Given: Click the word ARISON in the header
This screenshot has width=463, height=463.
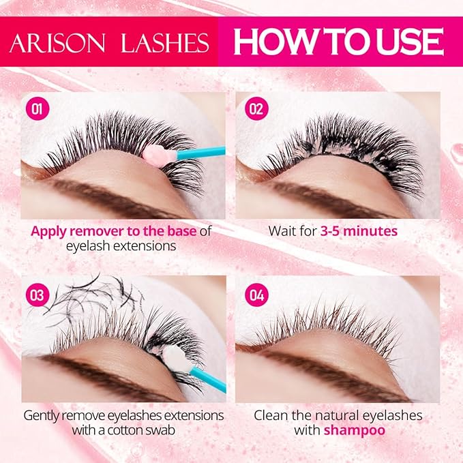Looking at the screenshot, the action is tap(57, 43).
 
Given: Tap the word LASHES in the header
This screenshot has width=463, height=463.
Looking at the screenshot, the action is tap(165, 43).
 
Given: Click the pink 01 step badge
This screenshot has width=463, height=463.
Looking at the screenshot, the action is tap(38, 109).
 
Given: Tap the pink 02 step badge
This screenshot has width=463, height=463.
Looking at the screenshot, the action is tap(256, 109).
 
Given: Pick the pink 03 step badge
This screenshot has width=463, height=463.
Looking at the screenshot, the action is tap(38, 295).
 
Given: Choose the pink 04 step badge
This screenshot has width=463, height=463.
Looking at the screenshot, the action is tap(256, 295).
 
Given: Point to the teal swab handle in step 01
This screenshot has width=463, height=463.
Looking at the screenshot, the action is tap(200, 153).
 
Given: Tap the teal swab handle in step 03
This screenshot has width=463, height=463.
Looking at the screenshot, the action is tap(208, 379).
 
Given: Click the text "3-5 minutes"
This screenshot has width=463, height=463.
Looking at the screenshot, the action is tap(359, 231).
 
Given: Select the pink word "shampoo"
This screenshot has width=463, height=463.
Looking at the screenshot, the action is tap(355, 430).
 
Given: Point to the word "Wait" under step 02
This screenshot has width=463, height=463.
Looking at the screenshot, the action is tap(282, 231).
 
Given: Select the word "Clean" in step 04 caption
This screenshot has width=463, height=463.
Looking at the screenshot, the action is tap(271, 415).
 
